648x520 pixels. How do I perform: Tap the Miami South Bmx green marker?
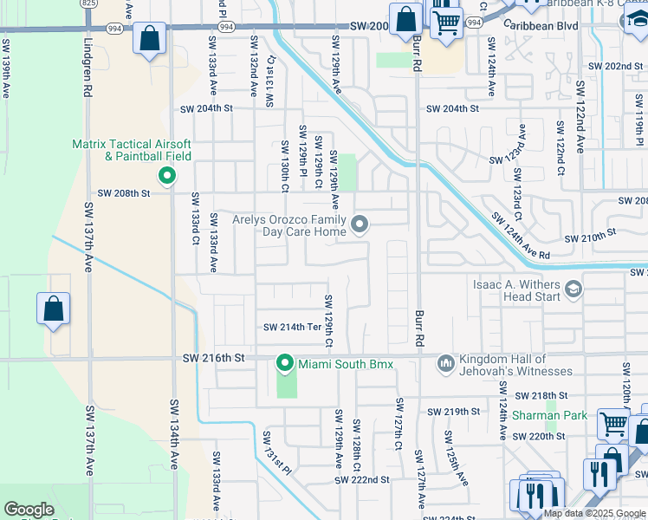click(284, 362)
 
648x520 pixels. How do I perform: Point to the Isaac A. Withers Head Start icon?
click(572, 289)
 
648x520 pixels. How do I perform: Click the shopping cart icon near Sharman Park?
click(613, 425)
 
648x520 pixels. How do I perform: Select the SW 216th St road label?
click(214, 357)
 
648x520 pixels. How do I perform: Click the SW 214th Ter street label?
click(292, 327)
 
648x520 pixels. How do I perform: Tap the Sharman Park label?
click(543, 416)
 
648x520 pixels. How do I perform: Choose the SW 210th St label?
click(589, 235)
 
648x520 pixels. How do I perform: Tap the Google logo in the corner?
click(29, 510)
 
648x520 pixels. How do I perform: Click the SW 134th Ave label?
click(173, 433)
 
